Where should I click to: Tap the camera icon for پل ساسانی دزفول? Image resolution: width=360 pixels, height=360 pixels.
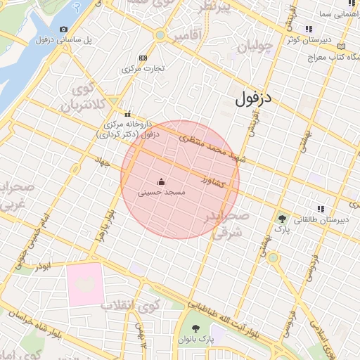[64, 29]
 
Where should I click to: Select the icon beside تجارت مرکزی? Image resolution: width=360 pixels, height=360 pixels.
[143, 58]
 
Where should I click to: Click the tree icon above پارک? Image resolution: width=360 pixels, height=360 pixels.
[282, 219]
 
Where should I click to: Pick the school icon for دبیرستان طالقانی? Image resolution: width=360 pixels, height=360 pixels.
[321, 209]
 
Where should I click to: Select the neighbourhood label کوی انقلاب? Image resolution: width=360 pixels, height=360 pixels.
[129, 307]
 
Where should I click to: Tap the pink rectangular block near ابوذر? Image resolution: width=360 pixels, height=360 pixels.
[85, 285]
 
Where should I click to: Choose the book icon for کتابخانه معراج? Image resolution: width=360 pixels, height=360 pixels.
[342, 45]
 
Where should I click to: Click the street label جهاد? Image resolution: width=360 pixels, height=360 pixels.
[105, 162]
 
